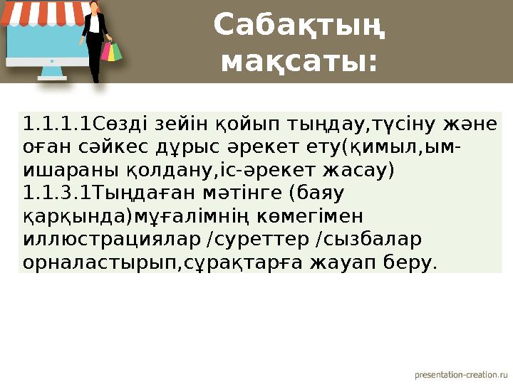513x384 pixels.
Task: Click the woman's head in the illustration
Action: [93, 7]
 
